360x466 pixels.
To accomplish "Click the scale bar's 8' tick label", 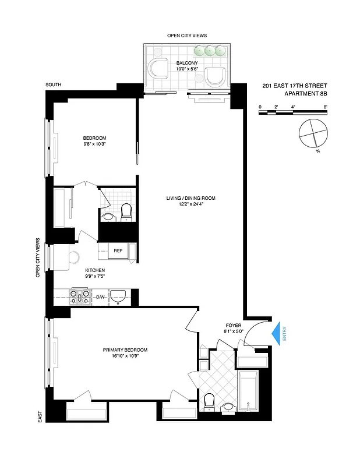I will pos(325,106).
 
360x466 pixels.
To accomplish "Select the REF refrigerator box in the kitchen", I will pos(118,250).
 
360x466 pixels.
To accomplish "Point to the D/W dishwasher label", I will pos(100,297).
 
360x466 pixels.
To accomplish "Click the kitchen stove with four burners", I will pos(80,297).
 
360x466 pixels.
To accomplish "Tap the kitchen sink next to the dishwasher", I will pos(118,296).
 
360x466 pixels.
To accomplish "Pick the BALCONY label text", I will pos(187,63).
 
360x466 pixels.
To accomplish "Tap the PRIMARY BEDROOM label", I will pos(125,349).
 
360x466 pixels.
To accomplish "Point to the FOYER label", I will pos(233,325).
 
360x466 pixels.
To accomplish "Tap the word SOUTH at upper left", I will pos(54,86).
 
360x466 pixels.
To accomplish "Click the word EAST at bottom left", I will pos(40,416).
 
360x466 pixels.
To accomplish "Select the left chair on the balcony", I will pos(157,69).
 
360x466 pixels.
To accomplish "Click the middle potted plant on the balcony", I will pos(210,51).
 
